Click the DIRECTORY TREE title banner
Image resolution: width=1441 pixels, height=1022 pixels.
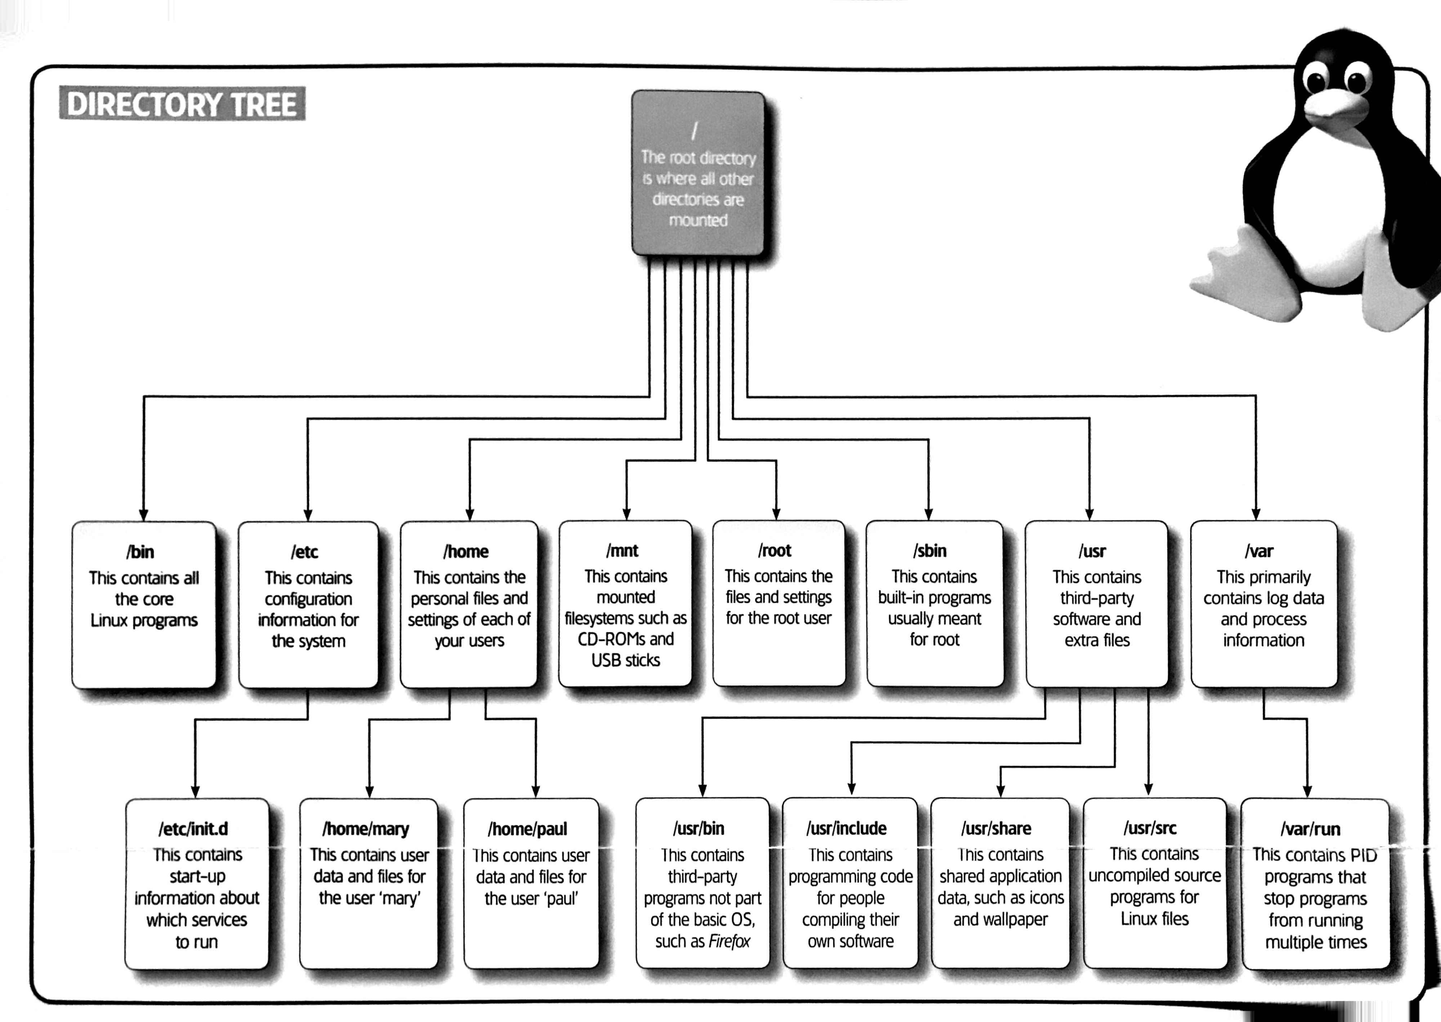pos(182,104)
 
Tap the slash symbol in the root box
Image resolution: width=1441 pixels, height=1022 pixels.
pos(694,131)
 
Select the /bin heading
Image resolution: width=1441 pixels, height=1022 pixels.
pos(140,552)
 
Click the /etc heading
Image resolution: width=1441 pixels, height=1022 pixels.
pos(304,552)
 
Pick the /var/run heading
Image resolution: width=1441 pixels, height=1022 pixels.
pos(1310,829)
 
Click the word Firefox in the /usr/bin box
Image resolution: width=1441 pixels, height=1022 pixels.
pos(729,941)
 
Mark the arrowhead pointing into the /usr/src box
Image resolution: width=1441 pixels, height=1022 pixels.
pos(1148,789)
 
